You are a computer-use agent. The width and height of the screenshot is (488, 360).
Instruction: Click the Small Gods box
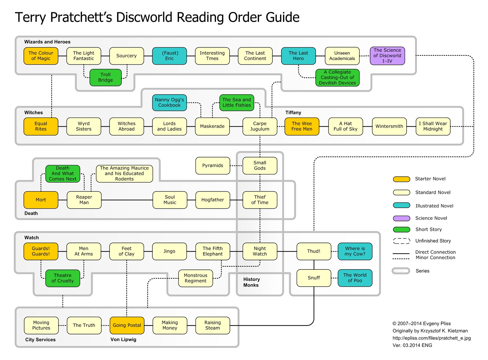(x=260, y=166)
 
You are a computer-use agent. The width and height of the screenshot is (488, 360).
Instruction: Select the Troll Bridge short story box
(x=106, y=77)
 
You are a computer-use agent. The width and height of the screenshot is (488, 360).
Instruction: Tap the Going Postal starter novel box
(x=127, y=325)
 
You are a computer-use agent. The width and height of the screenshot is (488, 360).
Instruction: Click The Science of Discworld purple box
(x=387, y=56)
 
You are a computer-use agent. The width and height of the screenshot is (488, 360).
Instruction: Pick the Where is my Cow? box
(x=355, y=251)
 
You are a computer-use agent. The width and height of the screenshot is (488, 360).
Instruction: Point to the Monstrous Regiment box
(x=195, y=278)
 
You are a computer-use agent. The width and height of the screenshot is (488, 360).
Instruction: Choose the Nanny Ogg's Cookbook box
(x=169, y=103)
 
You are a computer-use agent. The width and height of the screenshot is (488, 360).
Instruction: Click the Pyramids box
(x=213, y=166)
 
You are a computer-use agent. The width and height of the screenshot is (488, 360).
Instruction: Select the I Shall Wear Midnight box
(x=433, y=126)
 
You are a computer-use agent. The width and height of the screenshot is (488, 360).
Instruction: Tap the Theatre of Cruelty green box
(x=63, y=278)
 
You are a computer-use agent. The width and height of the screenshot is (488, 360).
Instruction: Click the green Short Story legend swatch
(x=401, y=229)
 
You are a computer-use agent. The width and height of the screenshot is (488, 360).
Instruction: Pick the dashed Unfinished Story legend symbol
(x=401, y=241)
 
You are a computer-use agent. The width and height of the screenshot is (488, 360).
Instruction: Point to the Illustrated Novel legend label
(x=434, y=206)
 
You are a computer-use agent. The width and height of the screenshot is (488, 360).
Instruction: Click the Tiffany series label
(x=293, y=113)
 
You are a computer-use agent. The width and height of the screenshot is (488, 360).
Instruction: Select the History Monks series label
(x=251, y=282)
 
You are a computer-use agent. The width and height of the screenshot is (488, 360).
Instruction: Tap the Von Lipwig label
(x=123, y=340)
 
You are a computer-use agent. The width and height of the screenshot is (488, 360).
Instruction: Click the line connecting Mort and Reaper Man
(x=63, y=200)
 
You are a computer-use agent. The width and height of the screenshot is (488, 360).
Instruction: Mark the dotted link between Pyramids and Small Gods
(x=236, y=166)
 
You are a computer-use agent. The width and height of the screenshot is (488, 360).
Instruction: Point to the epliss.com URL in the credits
(x=432, y=338)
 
